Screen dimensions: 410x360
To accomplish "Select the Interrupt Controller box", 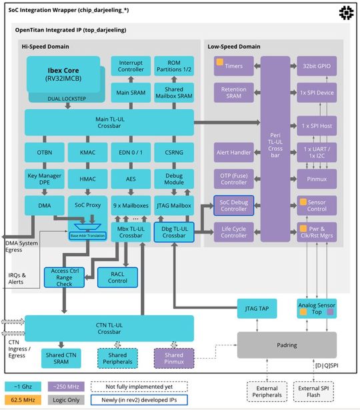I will click(130, 67).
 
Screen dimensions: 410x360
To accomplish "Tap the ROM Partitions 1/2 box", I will click(173, 67).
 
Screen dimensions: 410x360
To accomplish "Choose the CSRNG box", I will click(173, 153).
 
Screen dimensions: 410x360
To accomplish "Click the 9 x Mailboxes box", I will click(130, 205).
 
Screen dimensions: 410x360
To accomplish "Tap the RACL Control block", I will click(117, 277).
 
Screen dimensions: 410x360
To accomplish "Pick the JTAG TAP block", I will click(257, 308).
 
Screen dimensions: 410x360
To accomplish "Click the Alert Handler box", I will click(233, 153).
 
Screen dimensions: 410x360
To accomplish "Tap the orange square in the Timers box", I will click(219, 62).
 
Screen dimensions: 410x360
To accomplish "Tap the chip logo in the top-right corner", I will click(346, 12).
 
